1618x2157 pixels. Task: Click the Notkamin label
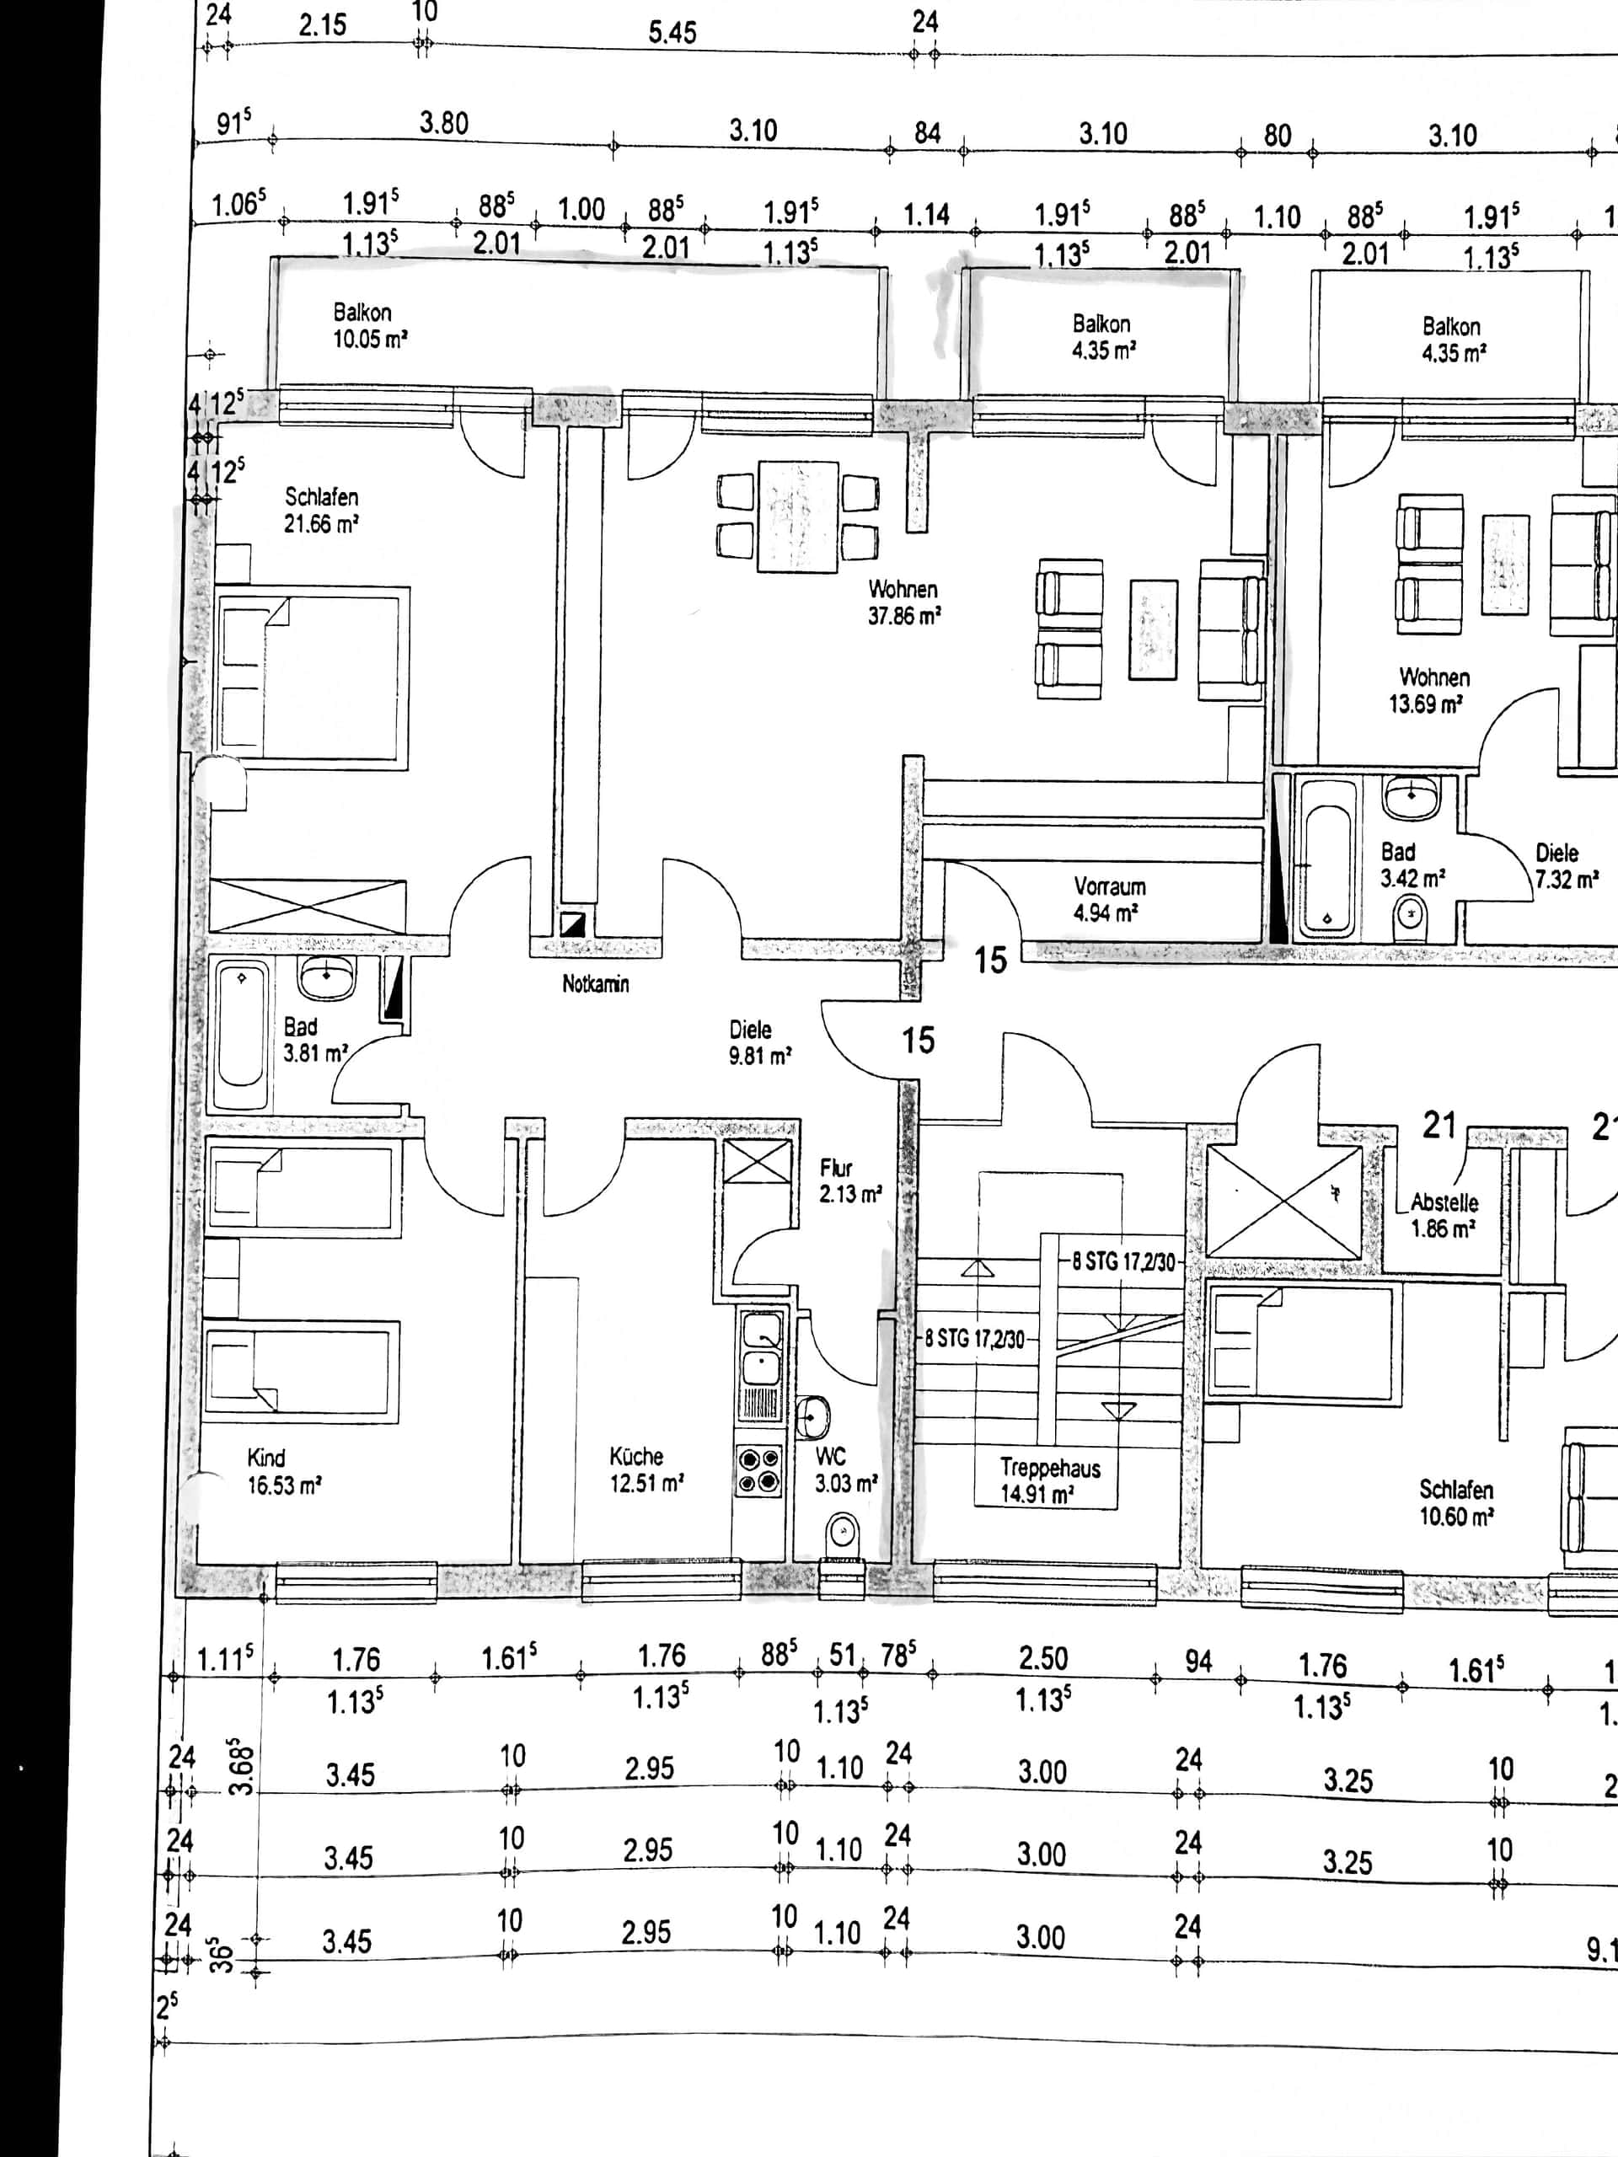595,984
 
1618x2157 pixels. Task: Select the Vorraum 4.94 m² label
1109,900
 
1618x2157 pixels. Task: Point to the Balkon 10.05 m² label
370,326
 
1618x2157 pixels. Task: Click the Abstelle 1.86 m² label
1444,1216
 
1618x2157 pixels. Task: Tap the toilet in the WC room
841,1533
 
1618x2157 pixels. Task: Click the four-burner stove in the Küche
758,1470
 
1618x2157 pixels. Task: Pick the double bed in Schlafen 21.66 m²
309,677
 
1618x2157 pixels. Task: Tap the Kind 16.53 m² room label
284,1471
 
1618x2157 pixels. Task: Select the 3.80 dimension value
444,124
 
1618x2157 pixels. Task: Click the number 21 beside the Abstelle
1439,1126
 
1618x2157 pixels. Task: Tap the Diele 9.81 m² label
760,1042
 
